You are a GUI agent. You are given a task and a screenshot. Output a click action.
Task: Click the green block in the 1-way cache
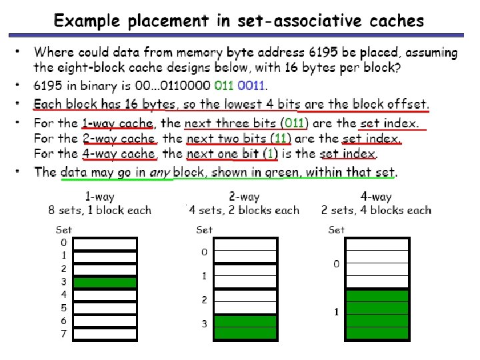pos(105,282)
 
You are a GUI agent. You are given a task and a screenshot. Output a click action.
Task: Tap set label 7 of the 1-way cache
pos(63,333)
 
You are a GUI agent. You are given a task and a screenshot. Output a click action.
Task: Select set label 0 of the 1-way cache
pos(63,243)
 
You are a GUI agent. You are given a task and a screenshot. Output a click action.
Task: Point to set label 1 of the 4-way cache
pos(337,312)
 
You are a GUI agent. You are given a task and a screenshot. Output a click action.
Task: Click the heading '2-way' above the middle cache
pos(244,197)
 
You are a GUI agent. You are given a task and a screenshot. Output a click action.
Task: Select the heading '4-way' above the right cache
pos(376,197)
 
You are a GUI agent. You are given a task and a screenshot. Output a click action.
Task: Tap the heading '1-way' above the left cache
pos(99,197)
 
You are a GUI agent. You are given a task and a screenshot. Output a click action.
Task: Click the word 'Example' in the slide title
pos(84,21)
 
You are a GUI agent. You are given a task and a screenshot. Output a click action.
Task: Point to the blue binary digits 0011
pos(251,85)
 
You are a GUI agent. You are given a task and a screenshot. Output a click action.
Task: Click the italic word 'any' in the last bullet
pos(160,173)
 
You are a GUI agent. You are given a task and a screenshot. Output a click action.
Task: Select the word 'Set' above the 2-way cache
pos(205,229)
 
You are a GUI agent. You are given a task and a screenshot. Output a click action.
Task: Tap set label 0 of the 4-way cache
pos(337,264)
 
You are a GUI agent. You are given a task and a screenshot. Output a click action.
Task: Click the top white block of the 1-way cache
pos(105,243)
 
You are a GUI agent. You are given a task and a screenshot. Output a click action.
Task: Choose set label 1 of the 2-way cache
pos(205,276)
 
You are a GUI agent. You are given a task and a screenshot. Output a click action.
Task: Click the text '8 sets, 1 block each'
pos(100,211)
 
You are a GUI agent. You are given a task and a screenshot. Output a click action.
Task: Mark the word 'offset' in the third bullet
pos(407,104)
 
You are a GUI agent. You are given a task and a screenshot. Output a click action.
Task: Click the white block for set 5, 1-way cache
pos(105,308)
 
